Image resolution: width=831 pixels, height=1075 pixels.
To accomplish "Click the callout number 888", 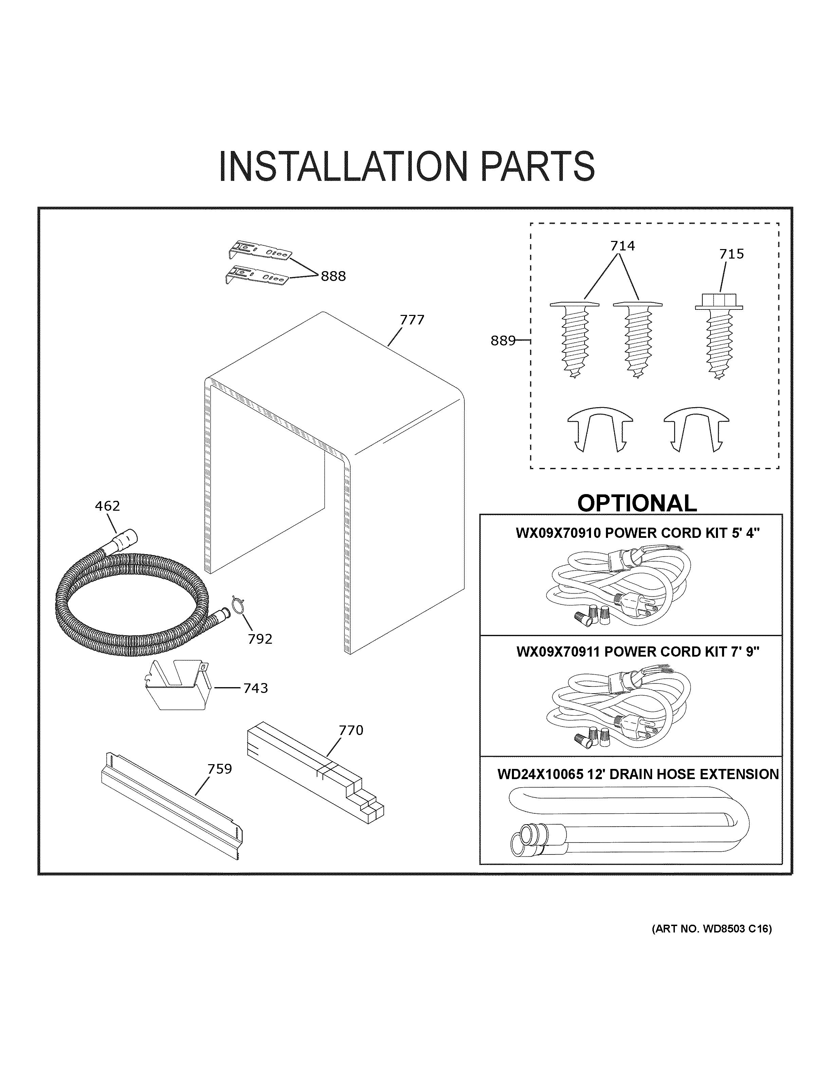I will [333, 277].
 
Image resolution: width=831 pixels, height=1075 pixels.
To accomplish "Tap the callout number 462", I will [107, 506].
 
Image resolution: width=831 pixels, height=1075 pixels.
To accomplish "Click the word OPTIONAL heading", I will [636, 503].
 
